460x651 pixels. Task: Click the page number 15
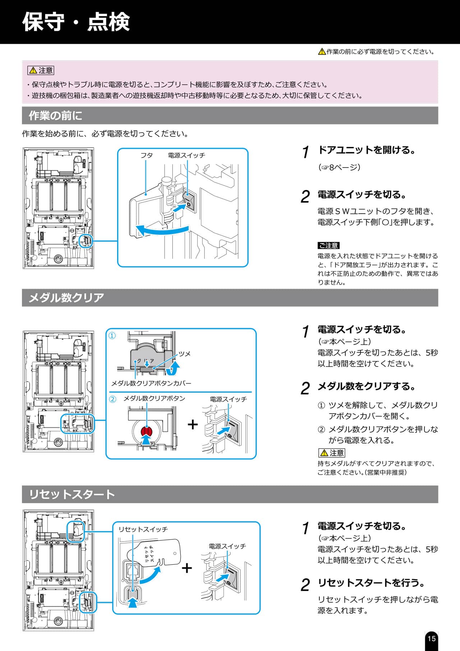tap(431, 638)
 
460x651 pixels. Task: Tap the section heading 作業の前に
tap(55, 115)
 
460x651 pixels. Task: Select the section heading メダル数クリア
tap(66, 297)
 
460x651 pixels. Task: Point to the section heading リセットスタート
tap(72, 494)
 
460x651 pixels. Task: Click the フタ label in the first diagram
tap(146, 155)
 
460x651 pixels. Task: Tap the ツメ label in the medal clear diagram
tap(184, 354)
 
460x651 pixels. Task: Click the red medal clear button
tap(147, 431)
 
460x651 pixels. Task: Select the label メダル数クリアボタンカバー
tap(151, 383)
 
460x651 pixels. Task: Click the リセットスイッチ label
tap(143, 529)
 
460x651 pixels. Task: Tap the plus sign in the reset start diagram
tap(187, 568)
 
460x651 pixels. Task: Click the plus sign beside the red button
tap(193, 424)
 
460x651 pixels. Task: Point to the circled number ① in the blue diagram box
tap(112, 336)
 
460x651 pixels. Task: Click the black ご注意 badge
tap(328, 246)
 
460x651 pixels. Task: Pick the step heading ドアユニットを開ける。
tap(367, 150)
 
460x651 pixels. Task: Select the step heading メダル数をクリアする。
tap(367, 386)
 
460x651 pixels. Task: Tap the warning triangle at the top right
tap(322, 52)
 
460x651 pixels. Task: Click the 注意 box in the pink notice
tap(41, 70)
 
